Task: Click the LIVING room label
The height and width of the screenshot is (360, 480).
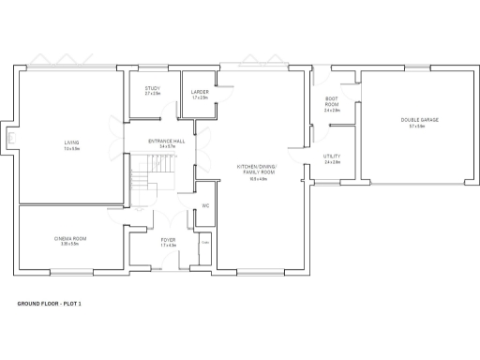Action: (71, 142)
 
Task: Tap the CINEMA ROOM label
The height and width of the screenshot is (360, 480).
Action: (71, 239)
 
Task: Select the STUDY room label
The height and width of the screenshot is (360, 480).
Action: (152, 90)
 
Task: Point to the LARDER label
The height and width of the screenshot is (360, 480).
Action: (200, 91)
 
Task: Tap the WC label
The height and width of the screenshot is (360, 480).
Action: (205, 205)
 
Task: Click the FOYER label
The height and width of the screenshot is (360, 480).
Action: (168, 240)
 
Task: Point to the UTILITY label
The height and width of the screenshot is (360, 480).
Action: (332, 157)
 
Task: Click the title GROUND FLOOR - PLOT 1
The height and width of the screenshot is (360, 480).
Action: (55, 305)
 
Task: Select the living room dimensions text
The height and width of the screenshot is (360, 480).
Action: (71, 148)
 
